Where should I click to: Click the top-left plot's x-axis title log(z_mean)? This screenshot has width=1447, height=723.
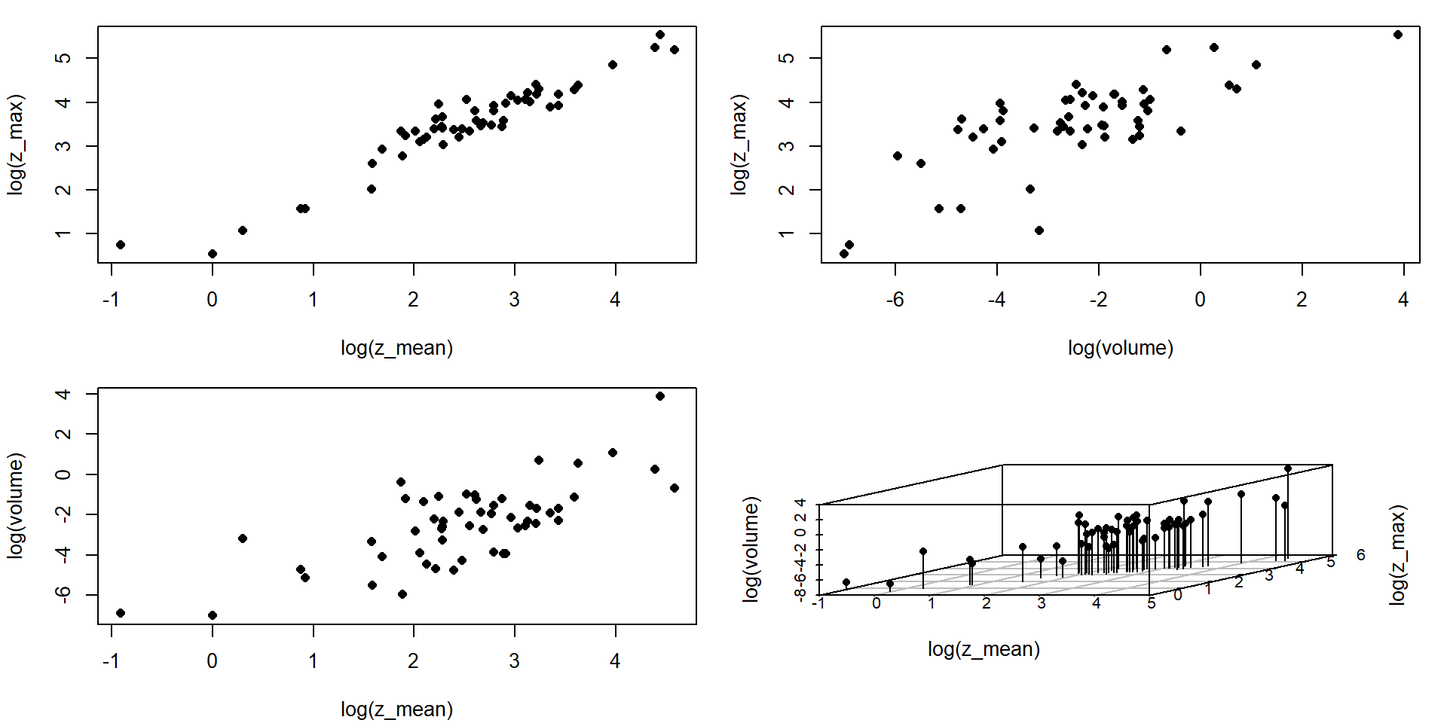[x=396, y=348]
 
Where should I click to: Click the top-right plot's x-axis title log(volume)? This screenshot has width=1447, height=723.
[x=1120, y=348]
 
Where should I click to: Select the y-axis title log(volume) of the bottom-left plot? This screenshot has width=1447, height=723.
[x=16, y=505]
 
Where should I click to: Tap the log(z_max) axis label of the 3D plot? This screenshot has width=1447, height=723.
[x=1398, y=554]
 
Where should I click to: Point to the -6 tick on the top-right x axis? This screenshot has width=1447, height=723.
[x=895, y=300]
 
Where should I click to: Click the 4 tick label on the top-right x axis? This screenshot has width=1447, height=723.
[x=1403, y=300]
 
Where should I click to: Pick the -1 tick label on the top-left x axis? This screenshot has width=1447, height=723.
[x=111, y=300]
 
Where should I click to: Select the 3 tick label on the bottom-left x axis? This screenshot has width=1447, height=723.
[x=514, y=661]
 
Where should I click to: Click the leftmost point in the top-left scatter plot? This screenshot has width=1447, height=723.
[x=121, y=245]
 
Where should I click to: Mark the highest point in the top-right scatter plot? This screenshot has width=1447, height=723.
[x=1398, y=35]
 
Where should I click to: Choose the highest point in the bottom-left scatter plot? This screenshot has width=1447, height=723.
[x=660, y=396]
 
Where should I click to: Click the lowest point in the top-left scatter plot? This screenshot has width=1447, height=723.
[x=213, y=254]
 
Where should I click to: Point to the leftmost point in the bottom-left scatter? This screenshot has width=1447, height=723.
[x=121, y=613]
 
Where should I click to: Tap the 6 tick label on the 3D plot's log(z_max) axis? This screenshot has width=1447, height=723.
[x=1360, y=555]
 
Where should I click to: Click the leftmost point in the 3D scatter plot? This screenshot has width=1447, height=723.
[x=846, y=582]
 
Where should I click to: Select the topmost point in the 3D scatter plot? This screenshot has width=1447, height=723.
[x=1288, y=468]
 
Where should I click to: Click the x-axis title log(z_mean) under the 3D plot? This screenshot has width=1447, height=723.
[x=984, y=649]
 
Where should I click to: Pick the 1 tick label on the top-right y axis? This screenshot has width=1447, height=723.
[x=788, y=233]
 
